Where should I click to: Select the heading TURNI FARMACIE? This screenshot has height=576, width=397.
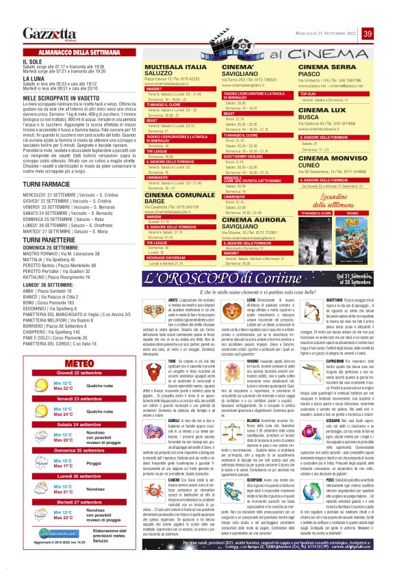point(45,185)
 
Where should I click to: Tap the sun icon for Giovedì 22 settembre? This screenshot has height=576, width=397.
point(38,386)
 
